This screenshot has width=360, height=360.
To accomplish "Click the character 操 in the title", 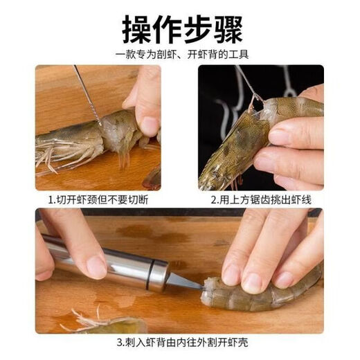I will [138, 28].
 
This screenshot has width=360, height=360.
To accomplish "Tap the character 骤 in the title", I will [226, 28].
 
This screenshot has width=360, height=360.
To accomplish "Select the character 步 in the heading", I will [197, 28].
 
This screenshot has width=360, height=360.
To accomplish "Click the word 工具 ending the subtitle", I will [239, 54].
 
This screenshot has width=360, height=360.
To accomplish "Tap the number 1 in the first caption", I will [51, 199].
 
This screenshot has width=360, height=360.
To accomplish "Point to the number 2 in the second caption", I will [214, 199].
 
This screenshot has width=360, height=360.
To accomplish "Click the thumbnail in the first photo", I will [148, 125].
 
